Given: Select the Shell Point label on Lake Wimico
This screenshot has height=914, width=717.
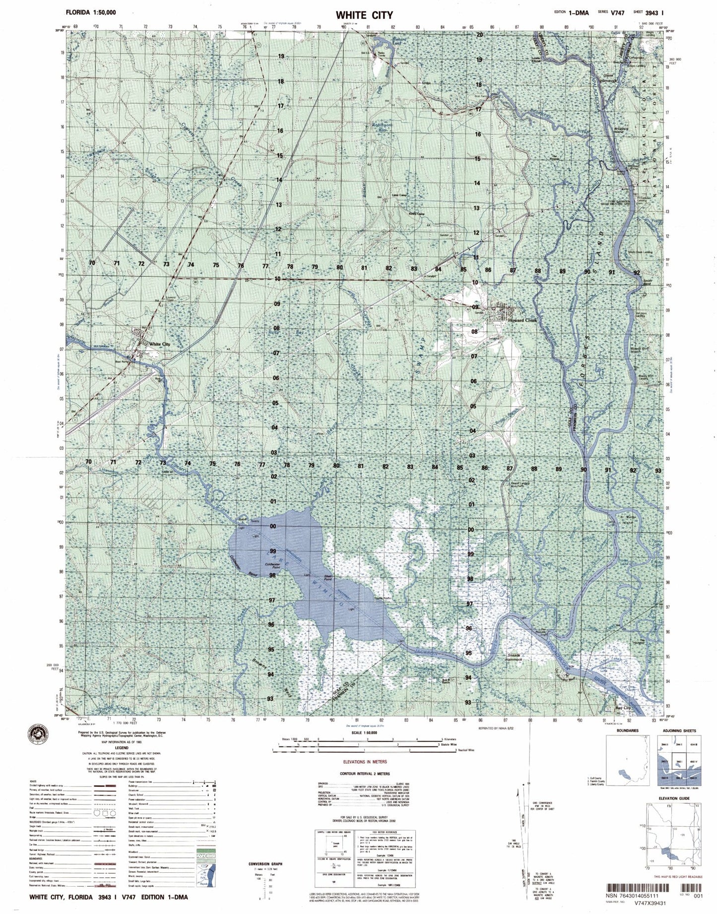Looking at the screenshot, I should pos(327,579).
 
